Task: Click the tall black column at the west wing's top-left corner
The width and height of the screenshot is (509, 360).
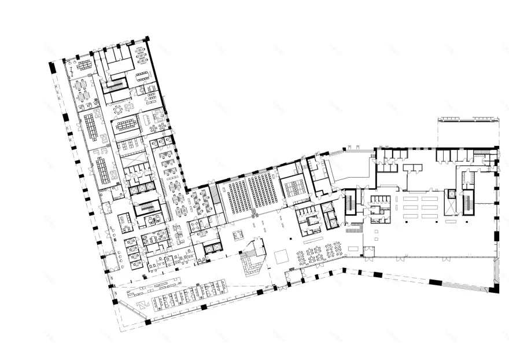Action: pos(53,67)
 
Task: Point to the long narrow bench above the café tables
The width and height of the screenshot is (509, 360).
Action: pos(312,240)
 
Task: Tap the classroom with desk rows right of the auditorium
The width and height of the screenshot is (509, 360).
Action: pos(295,186)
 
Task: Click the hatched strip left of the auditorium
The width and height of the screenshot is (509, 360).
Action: pos(216,196)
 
